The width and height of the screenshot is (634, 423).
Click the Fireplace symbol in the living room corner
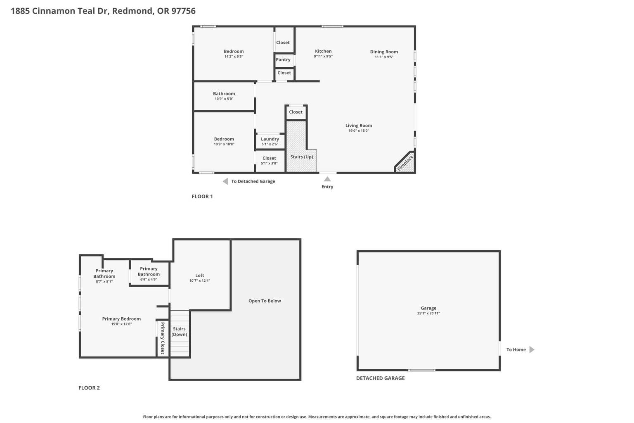(406, 163)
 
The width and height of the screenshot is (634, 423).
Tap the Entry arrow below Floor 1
(327, 179)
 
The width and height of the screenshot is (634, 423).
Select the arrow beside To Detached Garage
(225, 181)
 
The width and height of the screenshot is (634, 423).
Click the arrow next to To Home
(532, 349)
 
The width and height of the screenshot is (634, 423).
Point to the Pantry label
(283, 59)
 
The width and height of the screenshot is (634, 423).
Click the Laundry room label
(270, 139)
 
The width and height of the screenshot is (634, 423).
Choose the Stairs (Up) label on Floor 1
(301, 157)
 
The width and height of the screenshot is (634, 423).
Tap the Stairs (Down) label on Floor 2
(179, 331)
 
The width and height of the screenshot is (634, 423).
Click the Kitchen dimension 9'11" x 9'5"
(323, 56)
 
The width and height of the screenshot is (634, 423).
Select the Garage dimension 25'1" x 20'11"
(428, 313)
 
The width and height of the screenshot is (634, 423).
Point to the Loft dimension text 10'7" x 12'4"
(199, 280)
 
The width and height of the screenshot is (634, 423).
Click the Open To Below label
(265, 301)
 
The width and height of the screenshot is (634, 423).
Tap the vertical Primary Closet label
(163, 338)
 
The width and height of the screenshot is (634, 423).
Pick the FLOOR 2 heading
(89, 387)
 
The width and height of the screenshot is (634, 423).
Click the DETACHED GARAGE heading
(381, 378)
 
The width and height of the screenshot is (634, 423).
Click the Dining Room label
(384, 52)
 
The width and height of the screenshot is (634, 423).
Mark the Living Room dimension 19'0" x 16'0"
(359, 131)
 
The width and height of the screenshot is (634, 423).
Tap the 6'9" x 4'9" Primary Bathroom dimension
(149, 279)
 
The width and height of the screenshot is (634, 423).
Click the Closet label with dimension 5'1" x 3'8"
(269, 158)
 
